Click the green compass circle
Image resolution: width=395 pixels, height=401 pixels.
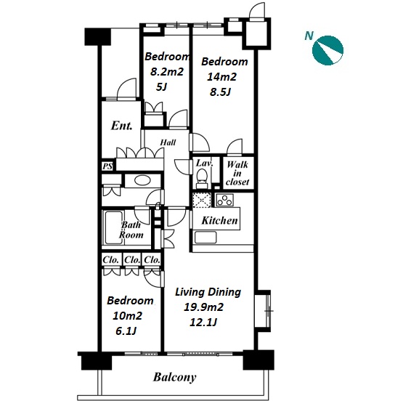pyautogui.click(x=327, y=50)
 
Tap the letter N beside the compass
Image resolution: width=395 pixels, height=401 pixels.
pyautogui.click(x=309, y=36)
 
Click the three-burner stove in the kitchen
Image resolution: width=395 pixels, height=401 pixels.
pyautogui.click(x=224, y=200)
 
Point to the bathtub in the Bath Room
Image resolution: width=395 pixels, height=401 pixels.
pyautogui.click(x=113, y=227)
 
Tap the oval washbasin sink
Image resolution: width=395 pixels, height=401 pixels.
pyautogui.click(x=142, y=181)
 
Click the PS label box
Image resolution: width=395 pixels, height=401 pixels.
pyautogui.click(x=107, y=166)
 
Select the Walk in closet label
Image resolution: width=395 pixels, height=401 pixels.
pyautogui.click(x=237, y=173)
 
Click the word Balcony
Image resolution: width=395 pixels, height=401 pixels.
pyautogui.click(x=175, y=377)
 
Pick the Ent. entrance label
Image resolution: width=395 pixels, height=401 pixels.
pyautogui.click(x=122, y=125)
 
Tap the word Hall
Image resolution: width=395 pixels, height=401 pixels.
pyautogui.click(x=168, y=142)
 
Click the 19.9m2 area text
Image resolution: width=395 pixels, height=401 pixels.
pyautogui.click(x=203, y=307)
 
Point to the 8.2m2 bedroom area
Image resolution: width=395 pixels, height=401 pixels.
pyautogui.click(x=167, y=72)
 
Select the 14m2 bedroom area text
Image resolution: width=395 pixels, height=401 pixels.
pyautogui.click(x=221, y=77)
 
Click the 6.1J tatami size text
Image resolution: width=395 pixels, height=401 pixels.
pyautogui.click(x=126, y=331)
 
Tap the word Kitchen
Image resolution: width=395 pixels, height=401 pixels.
pyautogui.click(x=219, y=220)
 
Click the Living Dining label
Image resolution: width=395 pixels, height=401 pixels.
pyautogui.click(x=208, y=292)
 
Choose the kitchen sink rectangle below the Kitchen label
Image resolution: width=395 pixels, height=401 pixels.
pyautogui.click(x=205, y=238)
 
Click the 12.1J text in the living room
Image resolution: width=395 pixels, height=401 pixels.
pyautogui.click(x=203, y=323)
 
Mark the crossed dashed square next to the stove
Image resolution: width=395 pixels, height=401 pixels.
pyautogui.click(x=202, y=200)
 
